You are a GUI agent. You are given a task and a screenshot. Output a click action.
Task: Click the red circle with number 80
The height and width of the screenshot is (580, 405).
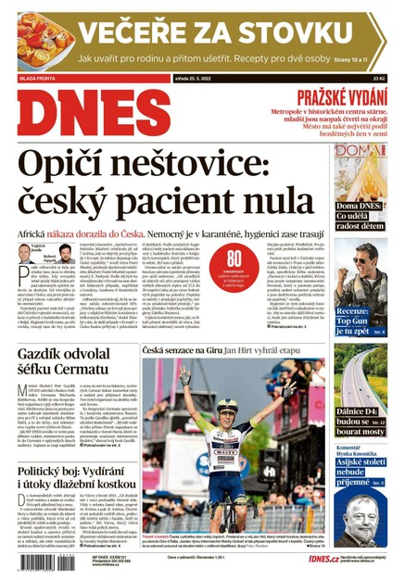pyautogui.click(x=234, y=260)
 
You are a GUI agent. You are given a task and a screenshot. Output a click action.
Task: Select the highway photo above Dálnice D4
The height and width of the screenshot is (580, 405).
pyautogui.click(x=370, y=376)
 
